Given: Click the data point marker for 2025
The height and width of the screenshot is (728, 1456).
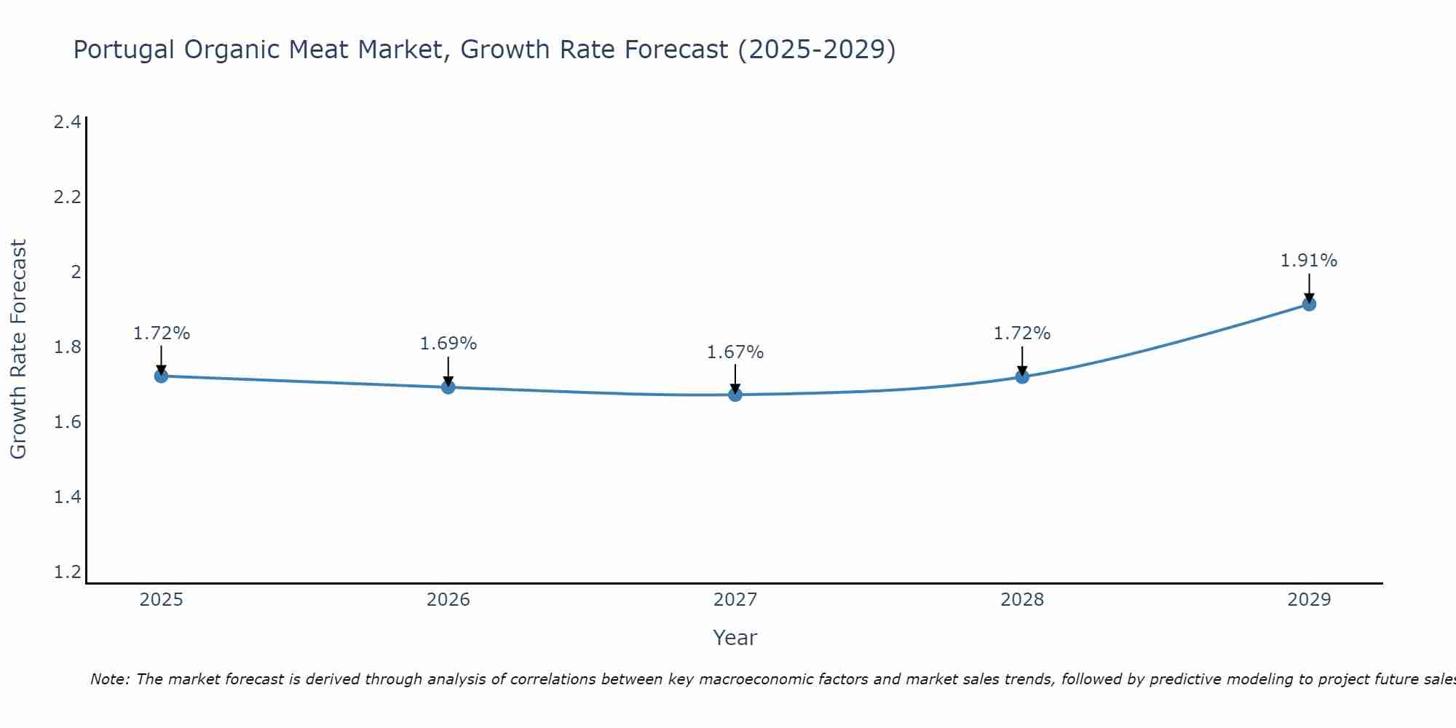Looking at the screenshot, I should point(161,376).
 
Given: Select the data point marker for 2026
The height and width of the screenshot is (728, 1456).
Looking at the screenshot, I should point(448,387).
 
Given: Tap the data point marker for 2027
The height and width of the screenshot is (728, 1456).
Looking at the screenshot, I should point(735,395).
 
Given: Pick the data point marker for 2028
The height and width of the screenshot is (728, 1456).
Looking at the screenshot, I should point(1022,376).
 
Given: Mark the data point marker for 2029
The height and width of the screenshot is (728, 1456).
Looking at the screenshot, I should point(1309,304).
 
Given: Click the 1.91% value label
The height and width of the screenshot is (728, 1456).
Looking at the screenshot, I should point(1309,261).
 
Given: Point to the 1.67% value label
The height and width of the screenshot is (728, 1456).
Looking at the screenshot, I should point(735,352).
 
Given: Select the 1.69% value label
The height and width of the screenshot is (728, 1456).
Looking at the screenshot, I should point(448,344).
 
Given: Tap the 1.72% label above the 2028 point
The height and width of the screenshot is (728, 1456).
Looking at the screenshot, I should point(1022,333).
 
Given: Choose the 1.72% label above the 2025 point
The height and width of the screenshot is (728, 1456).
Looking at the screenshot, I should point(162,333).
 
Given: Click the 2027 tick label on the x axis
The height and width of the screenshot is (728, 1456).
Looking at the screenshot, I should point(735,600).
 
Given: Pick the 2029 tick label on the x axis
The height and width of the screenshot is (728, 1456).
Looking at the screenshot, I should point(1309,600).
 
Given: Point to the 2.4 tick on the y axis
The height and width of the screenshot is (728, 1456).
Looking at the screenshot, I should point(67,122).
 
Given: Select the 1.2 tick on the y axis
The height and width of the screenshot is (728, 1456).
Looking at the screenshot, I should point(67,572).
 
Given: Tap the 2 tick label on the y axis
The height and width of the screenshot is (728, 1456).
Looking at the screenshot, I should point(75,272).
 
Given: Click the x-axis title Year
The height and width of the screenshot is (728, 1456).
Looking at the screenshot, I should point(735,638).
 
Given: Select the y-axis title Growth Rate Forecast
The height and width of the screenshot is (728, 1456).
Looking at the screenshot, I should point(18,349).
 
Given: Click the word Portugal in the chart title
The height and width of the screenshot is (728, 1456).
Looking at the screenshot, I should point(124,50).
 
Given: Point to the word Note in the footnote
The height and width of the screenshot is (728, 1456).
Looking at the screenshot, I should point(109,679).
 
